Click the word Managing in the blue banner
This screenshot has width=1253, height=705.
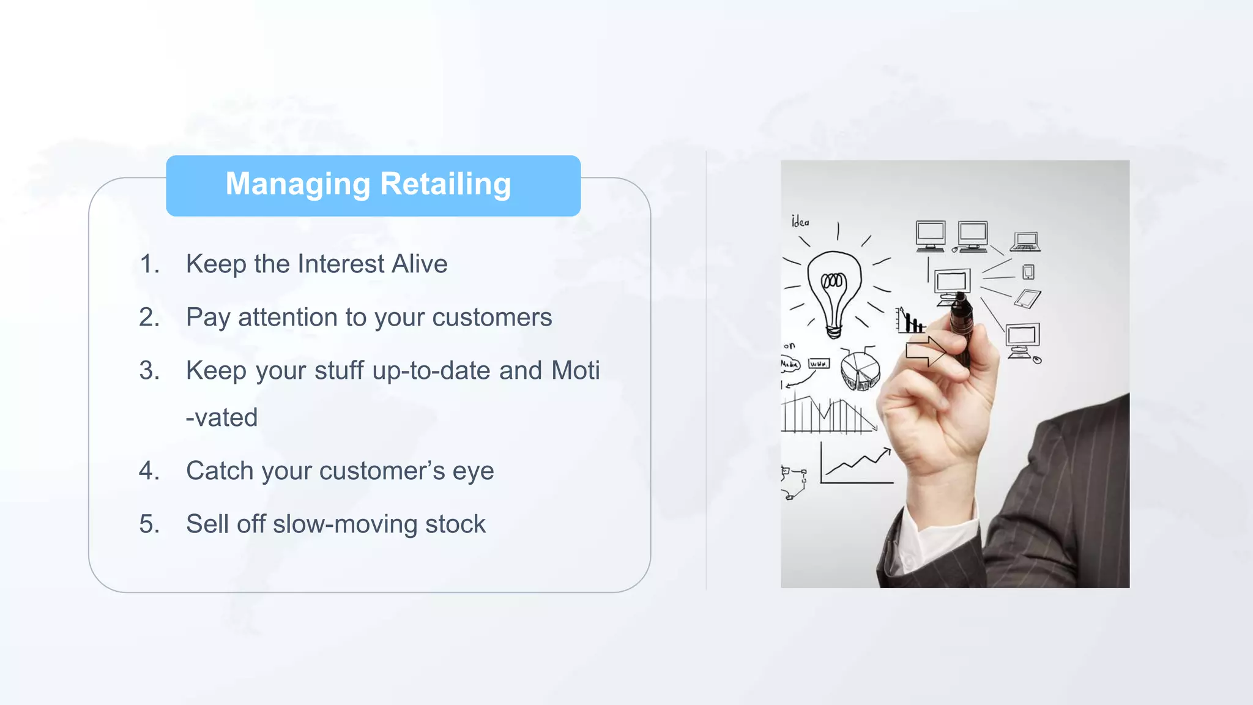[298, 184]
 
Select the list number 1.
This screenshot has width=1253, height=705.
[149, 264]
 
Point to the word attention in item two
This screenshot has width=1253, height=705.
[288, 318]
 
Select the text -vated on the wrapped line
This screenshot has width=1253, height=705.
[221, 418]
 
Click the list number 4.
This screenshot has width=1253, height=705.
[149, 471]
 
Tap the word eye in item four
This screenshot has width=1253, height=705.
[473, 471]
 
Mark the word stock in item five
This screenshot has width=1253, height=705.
[455, 524]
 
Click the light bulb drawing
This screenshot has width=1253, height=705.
[833, 291]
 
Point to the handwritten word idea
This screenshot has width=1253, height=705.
[800, 222]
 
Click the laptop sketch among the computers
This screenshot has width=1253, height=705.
[1025, 242]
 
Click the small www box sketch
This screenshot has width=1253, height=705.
[819, 364]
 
